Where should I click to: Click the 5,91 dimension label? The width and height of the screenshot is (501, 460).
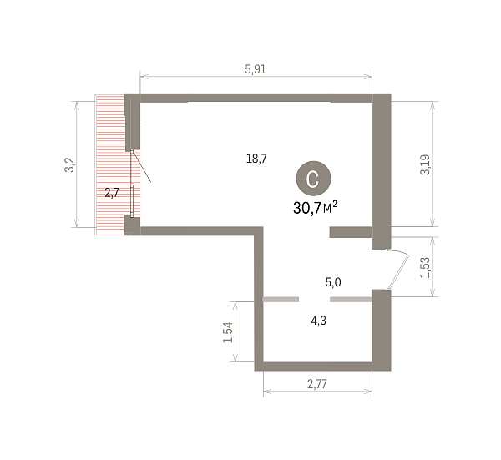(256, 69)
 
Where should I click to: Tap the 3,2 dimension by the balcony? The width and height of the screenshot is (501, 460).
(69, 164)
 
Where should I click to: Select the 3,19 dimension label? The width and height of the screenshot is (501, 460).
(425, 164)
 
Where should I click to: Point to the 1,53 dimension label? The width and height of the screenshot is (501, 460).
(425, 267)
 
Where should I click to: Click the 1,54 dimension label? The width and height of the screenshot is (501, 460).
(228, 332)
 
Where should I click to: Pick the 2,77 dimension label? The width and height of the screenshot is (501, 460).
(317, 384)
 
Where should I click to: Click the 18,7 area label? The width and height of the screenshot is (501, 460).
(256, 159)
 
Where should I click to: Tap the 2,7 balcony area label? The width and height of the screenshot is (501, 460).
(112, 193)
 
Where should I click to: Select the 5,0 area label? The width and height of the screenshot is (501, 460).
(333, 282)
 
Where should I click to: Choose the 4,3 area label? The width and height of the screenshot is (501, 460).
(319, 320)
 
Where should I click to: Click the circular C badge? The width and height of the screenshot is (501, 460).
(313, 179)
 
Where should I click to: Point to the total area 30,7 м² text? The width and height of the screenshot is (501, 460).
(315, 208)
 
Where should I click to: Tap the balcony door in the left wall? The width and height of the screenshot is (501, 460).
(132, 183)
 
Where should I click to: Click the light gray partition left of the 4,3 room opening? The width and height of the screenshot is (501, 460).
(281, 300)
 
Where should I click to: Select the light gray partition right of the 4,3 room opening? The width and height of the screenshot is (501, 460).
(351, 300)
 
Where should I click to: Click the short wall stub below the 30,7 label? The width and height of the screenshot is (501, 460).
(351, 232)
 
